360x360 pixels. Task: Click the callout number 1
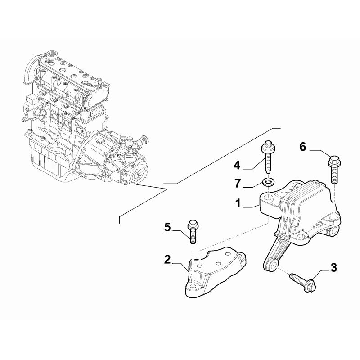(238, 203)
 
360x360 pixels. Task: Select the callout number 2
(167, 260)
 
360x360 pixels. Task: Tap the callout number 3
(333, 267)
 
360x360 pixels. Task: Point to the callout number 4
(237, 165)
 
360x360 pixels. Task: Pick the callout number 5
(167, 227)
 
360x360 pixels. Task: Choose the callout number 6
(303, 147)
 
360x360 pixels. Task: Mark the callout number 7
(238, 184)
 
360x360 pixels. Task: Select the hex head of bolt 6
(334, 161)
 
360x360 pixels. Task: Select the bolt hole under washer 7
(268, 197)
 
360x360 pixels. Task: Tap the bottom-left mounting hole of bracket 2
(193, 286)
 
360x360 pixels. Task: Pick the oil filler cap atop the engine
(51, 55)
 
